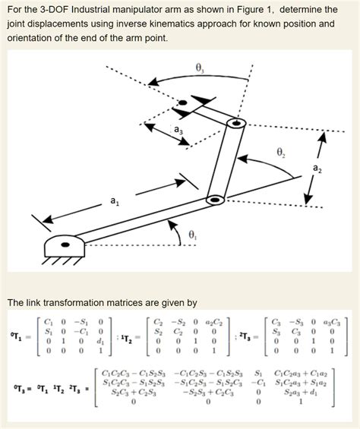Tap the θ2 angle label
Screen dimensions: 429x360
[279, 150]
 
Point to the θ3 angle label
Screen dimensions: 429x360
[200, 68]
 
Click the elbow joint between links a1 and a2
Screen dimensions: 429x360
[216, 200]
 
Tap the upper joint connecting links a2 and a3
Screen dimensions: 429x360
[238, 121]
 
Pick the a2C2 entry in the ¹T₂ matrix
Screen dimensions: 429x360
[206, 320]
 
